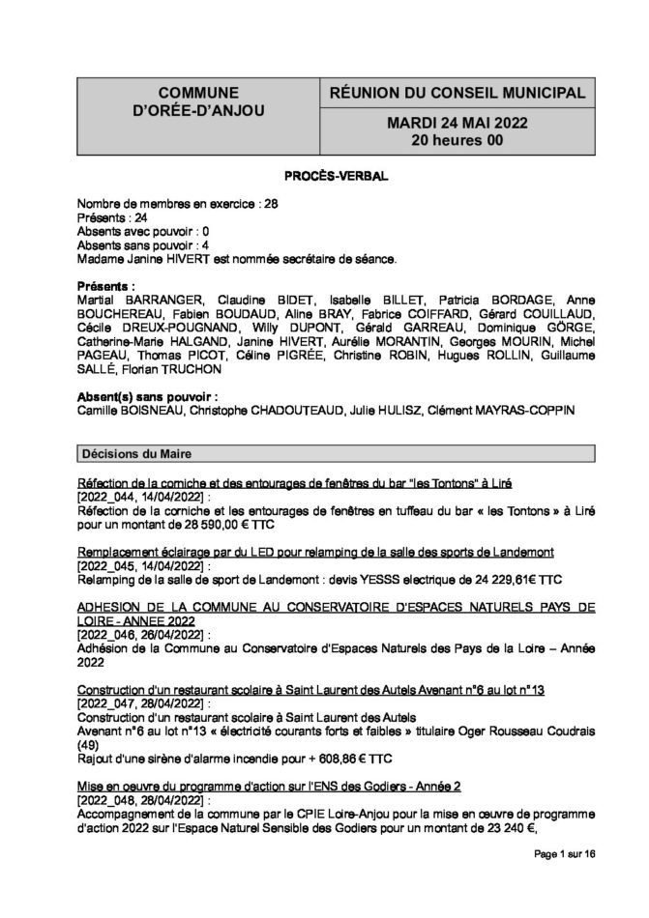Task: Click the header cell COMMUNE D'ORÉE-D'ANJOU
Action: click(191, 102)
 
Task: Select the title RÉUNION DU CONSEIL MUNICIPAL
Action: click(444, 93)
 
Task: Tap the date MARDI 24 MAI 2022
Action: click(444, 124)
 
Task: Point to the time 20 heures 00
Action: click(444, 140)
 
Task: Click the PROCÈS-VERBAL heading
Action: click(324, 178)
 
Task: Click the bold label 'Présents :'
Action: click(105, 287)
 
